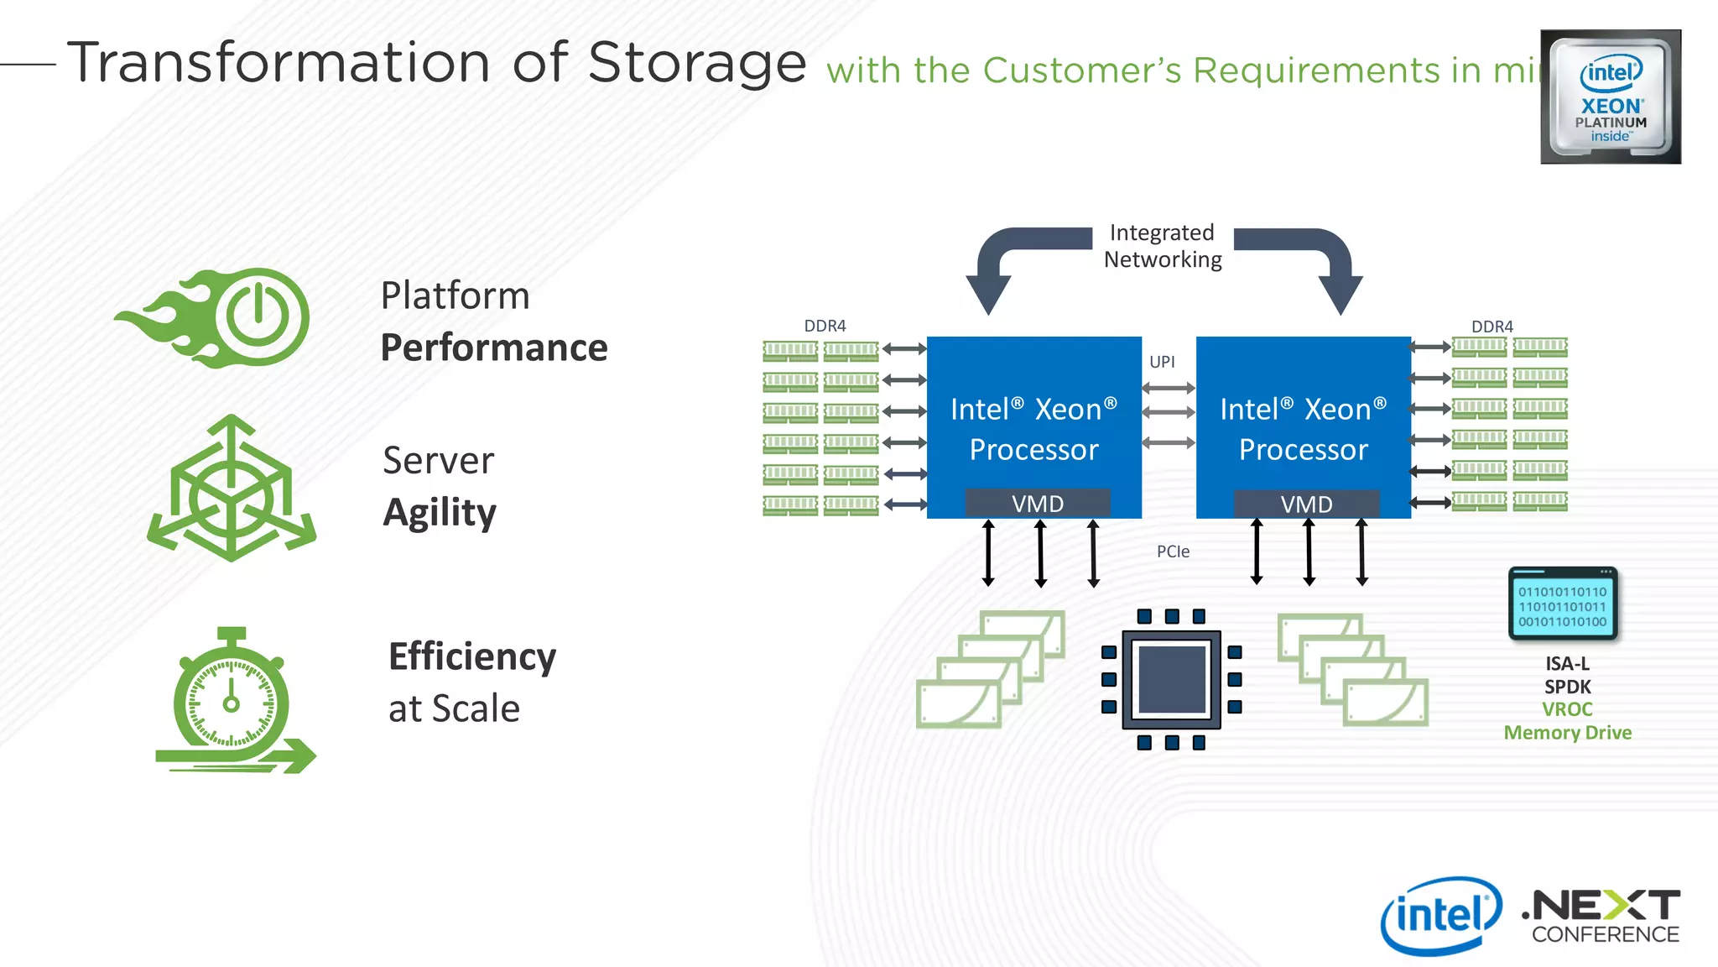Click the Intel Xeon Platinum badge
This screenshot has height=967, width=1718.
tap(1610, 97)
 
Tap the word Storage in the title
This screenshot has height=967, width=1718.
tap(696, 64)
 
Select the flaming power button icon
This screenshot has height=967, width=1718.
tap(215, 318)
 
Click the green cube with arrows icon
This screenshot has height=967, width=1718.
tap(232, 489)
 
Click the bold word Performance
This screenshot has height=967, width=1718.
tap(493, 348)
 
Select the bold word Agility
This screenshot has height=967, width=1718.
tap(439, 513)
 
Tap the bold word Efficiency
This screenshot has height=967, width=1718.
tap(471, 656)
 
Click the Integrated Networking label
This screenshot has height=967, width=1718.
tap(1162, 246)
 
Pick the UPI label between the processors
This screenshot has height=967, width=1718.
tap(1162, 362)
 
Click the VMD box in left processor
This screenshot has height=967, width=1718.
tap(1038, 504)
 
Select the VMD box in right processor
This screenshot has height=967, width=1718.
tap(1306, 504)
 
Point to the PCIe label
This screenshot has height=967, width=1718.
tap(1173, 551)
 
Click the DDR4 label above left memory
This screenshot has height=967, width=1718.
tap(825, 326)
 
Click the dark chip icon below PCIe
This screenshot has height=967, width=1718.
tap(1171, 679)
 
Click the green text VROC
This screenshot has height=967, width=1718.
tap(1566, 709)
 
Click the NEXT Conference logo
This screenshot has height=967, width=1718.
tap(1603, 917)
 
